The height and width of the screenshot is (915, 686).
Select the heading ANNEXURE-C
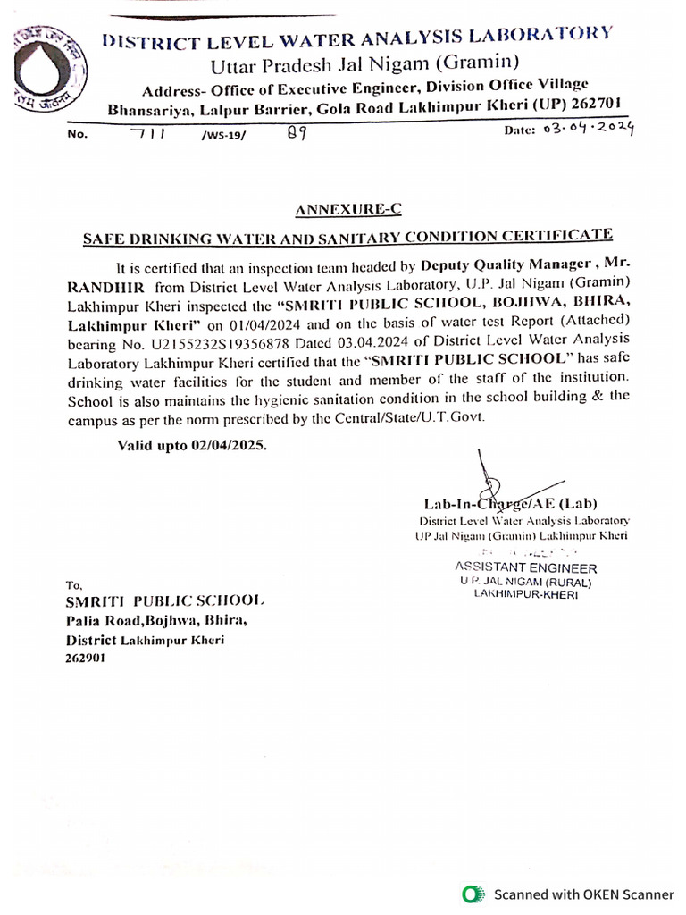coord(348,210)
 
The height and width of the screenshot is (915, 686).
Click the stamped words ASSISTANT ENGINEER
coord(525,567)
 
